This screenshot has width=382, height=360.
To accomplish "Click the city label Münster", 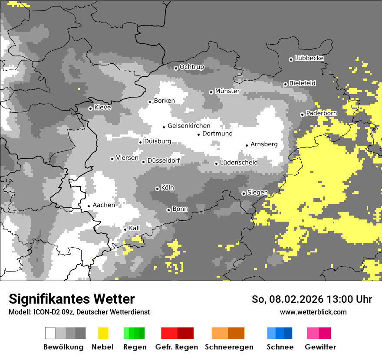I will [x=227, y=91].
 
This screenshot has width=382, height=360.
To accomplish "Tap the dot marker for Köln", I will [x=157, y=189].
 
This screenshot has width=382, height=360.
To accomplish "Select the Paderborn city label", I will [x=322, y=113].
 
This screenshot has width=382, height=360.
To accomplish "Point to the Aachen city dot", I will [x=89, y=206].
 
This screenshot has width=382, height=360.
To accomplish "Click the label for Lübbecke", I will [x=309, y=58].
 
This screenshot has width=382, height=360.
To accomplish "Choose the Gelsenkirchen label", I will [x=189, y=126].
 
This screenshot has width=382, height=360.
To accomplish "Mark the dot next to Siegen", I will [x=244, y=193].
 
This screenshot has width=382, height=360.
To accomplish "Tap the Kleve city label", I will [x=102, y=108].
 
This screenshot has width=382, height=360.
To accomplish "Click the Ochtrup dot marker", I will [x=176, y=68].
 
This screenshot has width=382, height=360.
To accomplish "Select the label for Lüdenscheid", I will [x=239, y=163].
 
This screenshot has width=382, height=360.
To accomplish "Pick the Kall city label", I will [x=135, y=228].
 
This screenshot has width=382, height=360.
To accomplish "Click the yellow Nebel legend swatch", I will [x=103, y=333].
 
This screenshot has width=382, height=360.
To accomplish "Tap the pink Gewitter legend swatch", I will [x=313, y=333].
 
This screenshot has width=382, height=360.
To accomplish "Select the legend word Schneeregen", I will [x=229, y=347].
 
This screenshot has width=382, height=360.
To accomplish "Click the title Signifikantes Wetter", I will [x=72, y=299].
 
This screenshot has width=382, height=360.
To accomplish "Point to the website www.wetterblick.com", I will [x=313, y=312].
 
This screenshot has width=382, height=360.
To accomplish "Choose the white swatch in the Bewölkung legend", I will [x=50, y=333].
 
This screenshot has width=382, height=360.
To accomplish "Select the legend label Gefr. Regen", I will [x=176, y=347].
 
